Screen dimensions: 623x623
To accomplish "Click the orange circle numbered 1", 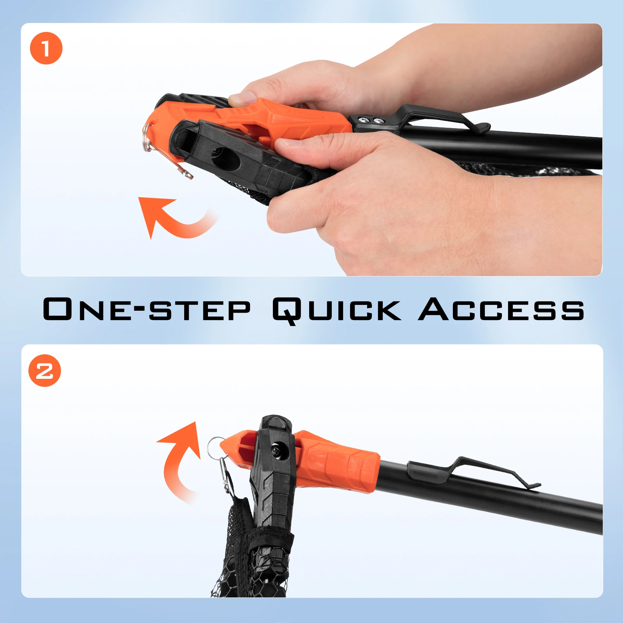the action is point(46,48).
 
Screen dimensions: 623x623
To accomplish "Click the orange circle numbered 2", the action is point(45,370).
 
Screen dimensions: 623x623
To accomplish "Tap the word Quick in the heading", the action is point(336,310).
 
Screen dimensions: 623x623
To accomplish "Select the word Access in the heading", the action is point(501,309).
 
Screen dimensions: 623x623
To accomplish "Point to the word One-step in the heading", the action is point(146,309).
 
